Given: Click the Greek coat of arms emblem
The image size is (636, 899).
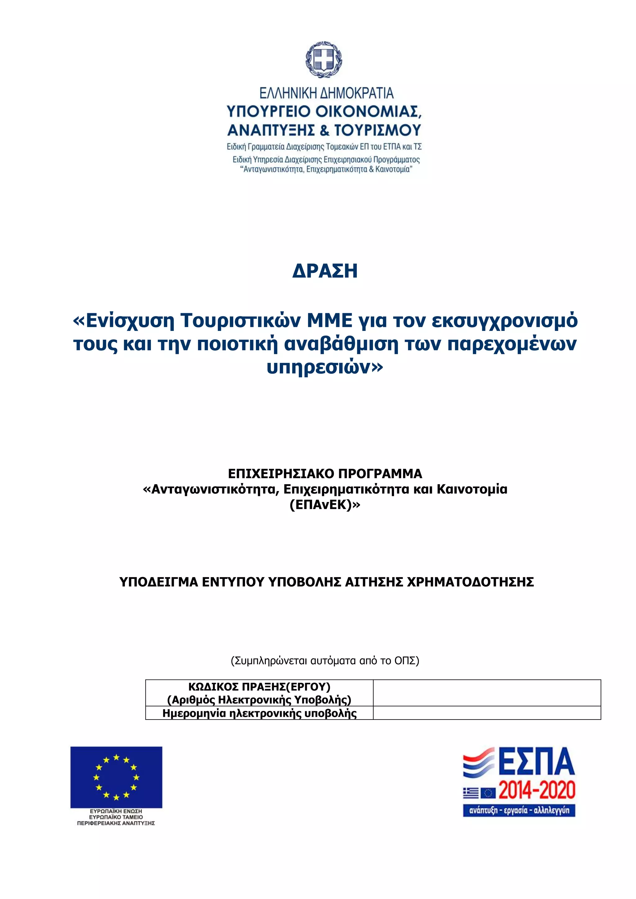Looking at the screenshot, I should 324,59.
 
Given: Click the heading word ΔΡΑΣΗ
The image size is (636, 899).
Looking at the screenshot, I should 325,271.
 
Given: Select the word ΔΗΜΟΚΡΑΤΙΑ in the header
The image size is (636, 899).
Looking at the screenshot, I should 357,93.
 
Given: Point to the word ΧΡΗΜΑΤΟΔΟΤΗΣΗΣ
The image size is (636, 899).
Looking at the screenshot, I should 470,582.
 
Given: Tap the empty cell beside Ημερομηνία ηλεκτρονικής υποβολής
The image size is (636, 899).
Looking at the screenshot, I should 487,713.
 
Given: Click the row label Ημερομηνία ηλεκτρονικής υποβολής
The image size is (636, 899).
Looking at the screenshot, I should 259,713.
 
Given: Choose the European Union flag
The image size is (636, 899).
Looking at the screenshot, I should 116,777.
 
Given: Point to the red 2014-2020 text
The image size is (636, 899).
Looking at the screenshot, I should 537,790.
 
